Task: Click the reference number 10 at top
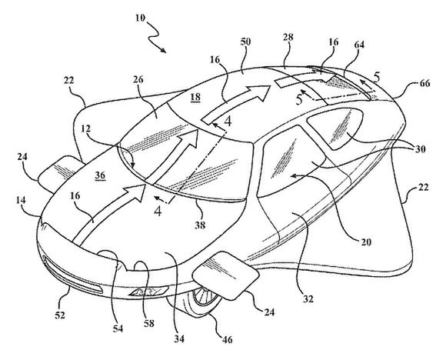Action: (140, 18)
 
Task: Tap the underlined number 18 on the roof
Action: (195, 98)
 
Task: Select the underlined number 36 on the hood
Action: (100, 175)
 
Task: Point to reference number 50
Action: (245, 42)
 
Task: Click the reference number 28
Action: (288, 37)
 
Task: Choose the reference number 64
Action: (359, 45)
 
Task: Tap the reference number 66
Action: (424, 83)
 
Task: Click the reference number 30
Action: (420, 149)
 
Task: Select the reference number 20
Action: (366, 242)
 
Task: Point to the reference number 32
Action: (308, 298)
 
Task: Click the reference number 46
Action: (226, 339)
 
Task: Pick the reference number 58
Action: (148, 323)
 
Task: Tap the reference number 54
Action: (118, 328)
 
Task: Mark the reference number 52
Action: (60, 315)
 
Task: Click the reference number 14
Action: (21, 200)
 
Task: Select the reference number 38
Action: (200, 225)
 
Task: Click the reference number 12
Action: (85, 129)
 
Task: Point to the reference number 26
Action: (138, 79)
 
